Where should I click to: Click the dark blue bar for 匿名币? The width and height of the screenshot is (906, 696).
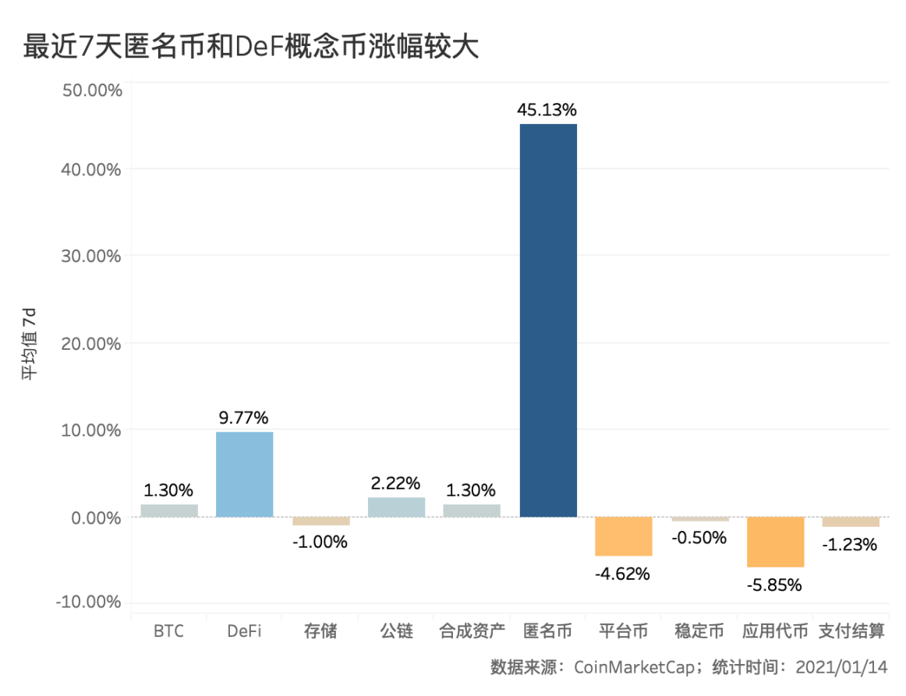[x=548, y=320]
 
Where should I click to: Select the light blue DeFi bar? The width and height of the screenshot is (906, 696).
[x=244, y=474]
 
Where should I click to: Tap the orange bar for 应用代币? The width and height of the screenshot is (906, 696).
[x=775, y=542]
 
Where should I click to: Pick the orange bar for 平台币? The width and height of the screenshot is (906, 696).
[x=623, y=536]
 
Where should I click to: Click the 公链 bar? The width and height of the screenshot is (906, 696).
[x=396, y=507]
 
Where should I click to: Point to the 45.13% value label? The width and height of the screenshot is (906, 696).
[x=548, y=110]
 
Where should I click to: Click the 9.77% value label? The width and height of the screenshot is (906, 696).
[x=244, y=418]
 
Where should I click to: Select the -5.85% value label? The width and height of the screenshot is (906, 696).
[x=775, y=585]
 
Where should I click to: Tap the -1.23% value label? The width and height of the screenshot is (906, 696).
[x=850, y=545]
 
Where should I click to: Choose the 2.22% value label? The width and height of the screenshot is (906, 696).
[x=396, y=483]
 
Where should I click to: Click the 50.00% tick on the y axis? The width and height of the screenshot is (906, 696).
[x=91, y=90]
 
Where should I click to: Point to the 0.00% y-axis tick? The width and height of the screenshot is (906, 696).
[x=95, y=518]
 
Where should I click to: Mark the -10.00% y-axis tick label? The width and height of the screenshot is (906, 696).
[x=88, y=602]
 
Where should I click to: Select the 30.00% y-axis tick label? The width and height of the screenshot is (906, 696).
[x=91, y=256]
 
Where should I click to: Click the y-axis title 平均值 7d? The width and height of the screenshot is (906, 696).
[x=29, y=344]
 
